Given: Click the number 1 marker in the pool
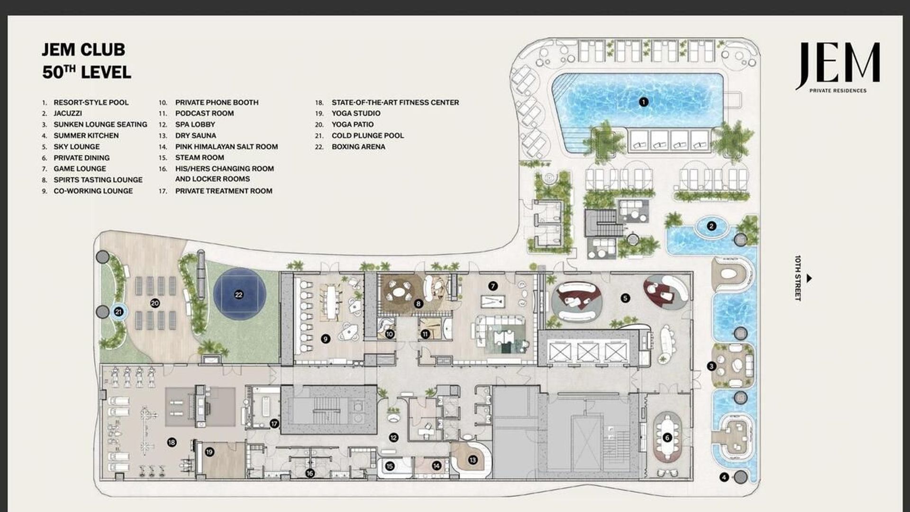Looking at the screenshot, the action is coord(643,102).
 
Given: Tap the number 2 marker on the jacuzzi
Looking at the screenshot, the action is coord(711,226).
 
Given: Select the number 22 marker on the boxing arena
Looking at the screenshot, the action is coord(238,294).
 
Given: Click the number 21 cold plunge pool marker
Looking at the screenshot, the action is coord(118,311).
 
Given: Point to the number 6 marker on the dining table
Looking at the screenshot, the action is coord(667,438).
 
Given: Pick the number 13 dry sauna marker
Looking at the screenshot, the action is coord(473,460).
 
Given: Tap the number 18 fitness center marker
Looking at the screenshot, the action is coord(172,442).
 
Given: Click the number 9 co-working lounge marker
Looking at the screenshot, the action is coord(325,338).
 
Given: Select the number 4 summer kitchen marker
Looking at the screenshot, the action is coord(724,477).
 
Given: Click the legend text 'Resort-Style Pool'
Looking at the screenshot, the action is coord(91,102).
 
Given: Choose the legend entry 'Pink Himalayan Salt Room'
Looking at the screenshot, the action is coord(227,147).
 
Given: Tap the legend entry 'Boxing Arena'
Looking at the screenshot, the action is coord(358,147).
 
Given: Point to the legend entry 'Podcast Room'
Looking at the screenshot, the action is coord(204,113).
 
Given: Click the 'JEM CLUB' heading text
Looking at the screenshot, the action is coord(83,49).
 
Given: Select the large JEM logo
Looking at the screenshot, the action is coord(838,65).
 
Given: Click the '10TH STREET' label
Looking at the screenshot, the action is coord(798,278).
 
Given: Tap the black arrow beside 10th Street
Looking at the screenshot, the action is coord(809,278).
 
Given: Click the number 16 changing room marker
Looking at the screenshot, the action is coord(309,473).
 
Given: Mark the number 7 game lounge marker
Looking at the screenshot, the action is coord(493,286).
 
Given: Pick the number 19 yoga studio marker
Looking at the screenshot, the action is coord(209,452).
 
